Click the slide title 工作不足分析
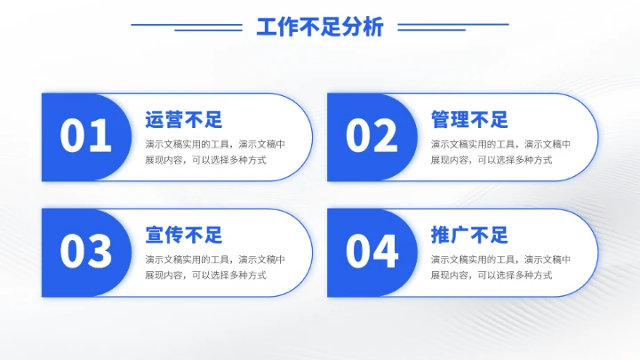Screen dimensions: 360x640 (x=320, y=28)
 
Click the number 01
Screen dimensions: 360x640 (x=86, y=137)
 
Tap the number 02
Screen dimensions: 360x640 (x=372, y=137)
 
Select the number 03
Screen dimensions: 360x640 (x=86, y=252)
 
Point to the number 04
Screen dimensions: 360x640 (x=372, y=252)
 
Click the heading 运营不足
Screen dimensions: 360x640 (x=183, y=120)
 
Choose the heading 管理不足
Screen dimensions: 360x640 (x=469, y=120)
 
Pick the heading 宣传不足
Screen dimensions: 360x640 (x=183, y=236)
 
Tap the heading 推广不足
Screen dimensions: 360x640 (x=469, y=236)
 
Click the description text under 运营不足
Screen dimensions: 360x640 (x=215, y=152)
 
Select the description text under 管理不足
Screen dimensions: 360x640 (x=500, y=152)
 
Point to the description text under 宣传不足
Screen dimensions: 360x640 (x=215, y=268)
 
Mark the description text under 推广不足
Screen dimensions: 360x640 (x=500, y=268)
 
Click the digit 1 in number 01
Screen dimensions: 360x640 (x=100, y=137)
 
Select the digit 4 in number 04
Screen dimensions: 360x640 (x=386, y=252)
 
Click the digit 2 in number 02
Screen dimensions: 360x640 (x=386, y=137)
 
